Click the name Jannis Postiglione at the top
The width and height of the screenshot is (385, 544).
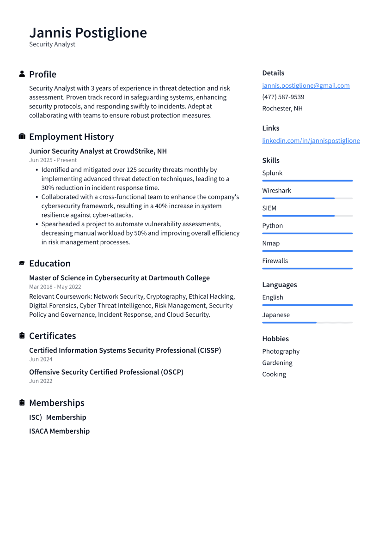tap(88, 33)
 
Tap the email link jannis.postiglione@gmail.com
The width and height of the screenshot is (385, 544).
tap(306, 85)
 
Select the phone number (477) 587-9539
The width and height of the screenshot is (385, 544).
tap(283, 97)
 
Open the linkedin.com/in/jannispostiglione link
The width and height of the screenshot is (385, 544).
tap(311, 140)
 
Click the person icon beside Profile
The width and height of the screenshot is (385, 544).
tap(22, 74)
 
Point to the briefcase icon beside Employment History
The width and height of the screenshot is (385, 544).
tap(22, 137)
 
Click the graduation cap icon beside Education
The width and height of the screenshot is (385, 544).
tap(22, 263)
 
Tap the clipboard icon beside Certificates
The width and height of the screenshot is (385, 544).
tap(22, 336)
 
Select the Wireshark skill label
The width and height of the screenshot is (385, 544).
tap(276, 190)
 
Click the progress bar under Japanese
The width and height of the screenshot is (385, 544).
tap(307, 322)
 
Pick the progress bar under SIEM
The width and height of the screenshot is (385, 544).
tap(307, 216)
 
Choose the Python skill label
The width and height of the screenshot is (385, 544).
tap(272, 225)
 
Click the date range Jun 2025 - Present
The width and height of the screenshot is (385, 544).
tap(53, 160)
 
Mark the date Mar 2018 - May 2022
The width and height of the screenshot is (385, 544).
tap(55, 287)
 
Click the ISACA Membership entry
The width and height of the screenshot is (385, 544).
tap(59, 431)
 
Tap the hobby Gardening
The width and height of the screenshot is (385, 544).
tap(277, 363)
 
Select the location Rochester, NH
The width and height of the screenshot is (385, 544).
tap(282, 108)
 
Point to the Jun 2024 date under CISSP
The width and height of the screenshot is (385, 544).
tap(41, 359)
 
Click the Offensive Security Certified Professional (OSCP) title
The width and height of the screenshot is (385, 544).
tap(106, 372)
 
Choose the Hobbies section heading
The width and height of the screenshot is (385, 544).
tap(275, 338)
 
